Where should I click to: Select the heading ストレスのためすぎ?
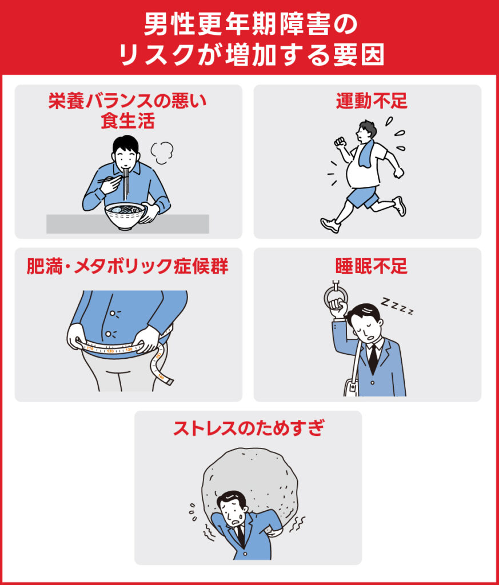[249, 428]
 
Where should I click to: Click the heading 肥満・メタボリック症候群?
[127, 266]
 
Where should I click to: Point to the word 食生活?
[127, 122]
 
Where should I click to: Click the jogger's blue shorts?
[363, 197]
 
